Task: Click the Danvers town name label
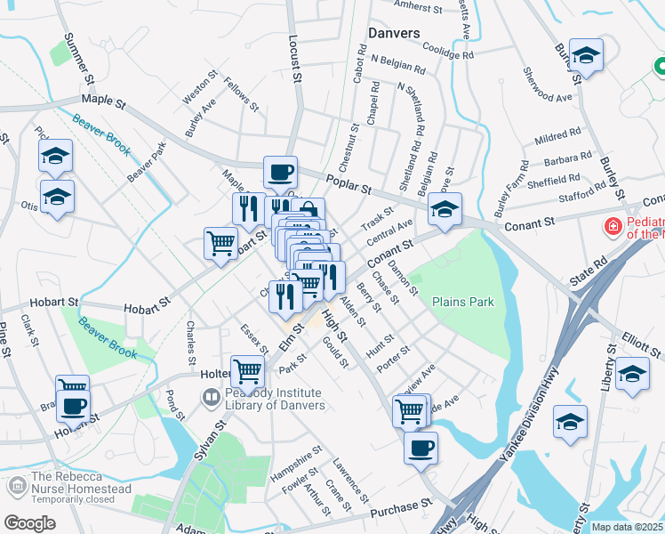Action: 394,33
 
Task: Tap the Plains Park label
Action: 462,302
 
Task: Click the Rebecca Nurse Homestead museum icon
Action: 18,487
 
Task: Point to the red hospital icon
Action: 613,227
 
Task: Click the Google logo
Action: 29,522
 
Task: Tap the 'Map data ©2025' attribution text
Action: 627,527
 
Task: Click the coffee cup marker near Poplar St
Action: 280,172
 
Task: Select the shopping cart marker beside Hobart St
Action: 220,243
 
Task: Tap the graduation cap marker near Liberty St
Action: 632,373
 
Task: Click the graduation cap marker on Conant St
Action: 445,209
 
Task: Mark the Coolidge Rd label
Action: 447,51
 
